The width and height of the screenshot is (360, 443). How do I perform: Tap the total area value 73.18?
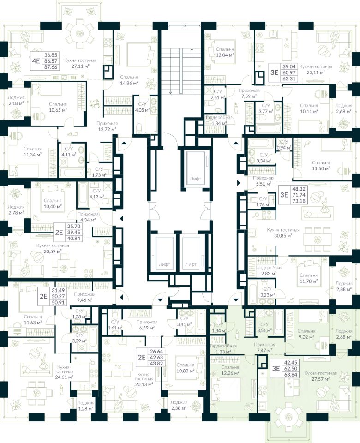coord(296,201)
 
